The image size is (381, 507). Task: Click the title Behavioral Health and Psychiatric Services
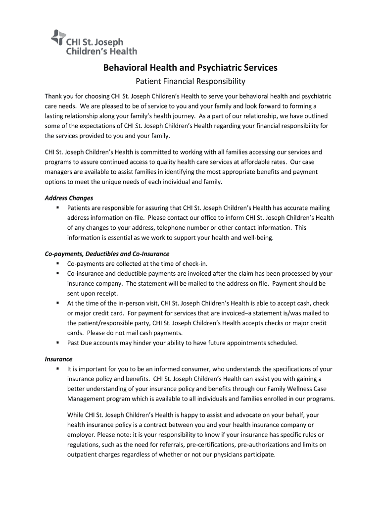coord(190,67)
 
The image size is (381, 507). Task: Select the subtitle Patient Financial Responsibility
coord(190,81)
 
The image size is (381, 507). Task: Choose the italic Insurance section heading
coord(58,359)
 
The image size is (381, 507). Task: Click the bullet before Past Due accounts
coord(58,343)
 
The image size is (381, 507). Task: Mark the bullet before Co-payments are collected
coord(58,263)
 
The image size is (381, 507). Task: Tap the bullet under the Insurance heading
coord(58,369)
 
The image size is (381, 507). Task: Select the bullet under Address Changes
coord(58,208)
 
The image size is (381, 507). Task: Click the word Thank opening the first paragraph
coord(54,96)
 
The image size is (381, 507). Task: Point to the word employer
coord(81,435)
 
